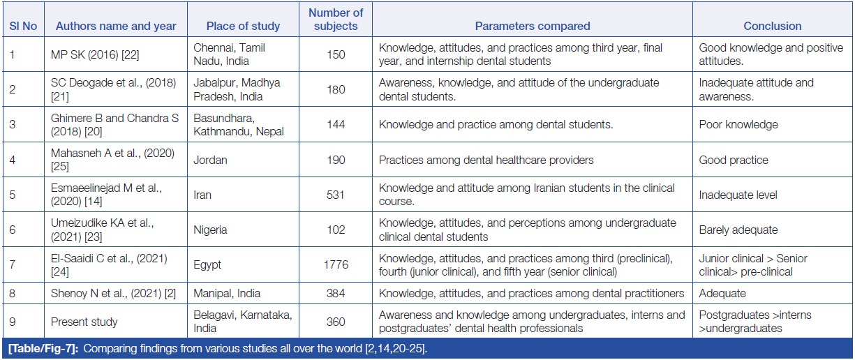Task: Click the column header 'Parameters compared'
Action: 533,26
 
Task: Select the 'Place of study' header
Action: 243,26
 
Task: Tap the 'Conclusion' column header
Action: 772,26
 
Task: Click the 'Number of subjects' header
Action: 336,20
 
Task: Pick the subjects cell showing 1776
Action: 336,264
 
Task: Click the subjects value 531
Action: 336,195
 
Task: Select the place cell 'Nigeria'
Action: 212,230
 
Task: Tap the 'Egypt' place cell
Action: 208,264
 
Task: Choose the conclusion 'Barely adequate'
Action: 738,230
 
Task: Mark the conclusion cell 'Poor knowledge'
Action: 738,125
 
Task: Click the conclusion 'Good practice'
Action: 734,160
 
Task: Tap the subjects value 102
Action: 336,230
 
